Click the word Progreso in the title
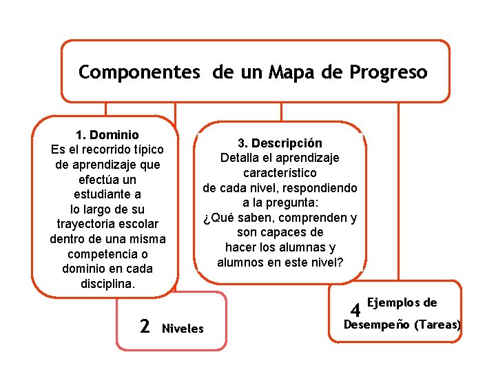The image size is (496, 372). pos(389,72)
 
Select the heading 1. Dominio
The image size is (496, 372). pos(107,135)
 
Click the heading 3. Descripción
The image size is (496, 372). pos(280,143)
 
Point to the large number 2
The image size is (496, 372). pos(145,326)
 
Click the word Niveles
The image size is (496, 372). pos(183,329)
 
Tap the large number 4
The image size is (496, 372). pos(356,311)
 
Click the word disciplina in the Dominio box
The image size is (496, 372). pos(107,284)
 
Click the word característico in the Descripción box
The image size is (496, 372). pos(280,173)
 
